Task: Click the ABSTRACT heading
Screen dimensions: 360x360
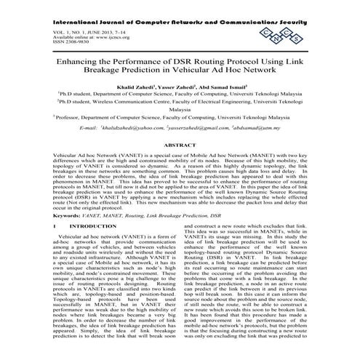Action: (180, 145)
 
